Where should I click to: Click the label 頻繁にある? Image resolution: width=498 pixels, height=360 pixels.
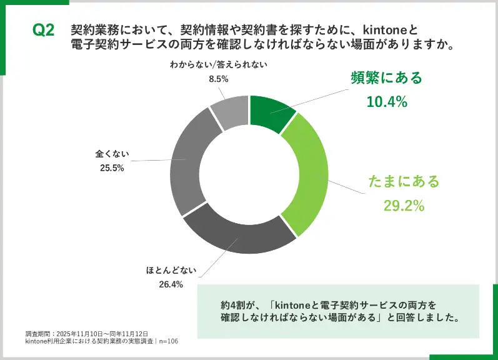pyautogui.click(x=386, y=78)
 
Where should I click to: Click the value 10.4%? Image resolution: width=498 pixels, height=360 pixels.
pyautogui.click(x=386, y=101)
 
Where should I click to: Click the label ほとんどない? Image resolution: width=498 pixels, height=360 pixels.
pyautogui.click(x=172, y=271)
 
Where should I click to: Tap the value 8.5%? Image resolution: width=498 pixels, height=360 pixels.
pyautogui.click(x=219, y=79)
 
